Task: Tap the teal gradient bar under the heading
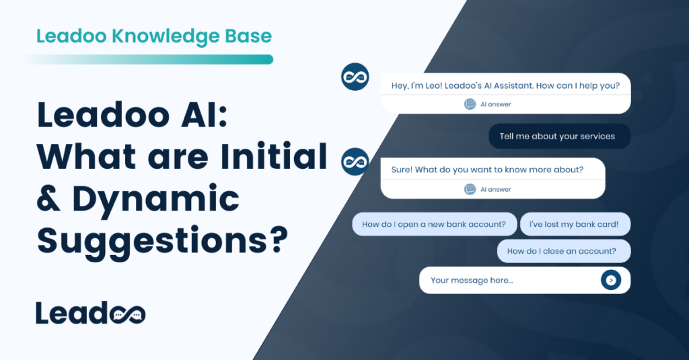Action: pyautogui.click(x=148, y=59)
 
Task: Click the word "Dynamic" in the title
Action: pyautogui.click(x=155, y=199)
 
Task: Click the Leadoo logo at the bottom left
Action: pyautogui.click(x=90, y=313)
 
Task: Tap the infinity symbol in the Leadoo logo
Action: pyautogui.click(x=127, y=314)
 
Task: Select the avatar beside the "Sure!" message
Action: pyautogui.click(x=355, y=162)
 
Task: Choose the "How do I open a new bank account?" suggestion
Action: pyautogui.click(x=434, y=224)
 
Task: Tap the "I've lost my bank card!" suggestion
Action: pyautogui.click(x=575, y=224)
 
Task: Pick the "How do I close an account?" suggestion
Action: pyautogui.click(x=563, y=251)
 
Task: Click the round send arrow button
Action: pyautogui.click(x=610, y=280)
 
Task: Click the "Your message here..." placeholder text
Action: pyautogui.click(x=472, y=280)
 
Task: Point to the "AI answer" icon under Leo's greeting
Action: pyautogui.click(x=470, y=104)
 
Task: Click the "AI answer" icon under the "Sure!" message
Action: pyautogui.click(x=470, y=189)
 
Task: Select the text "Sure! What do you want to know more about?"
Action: pyautogui.click(x=487, y=170)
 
